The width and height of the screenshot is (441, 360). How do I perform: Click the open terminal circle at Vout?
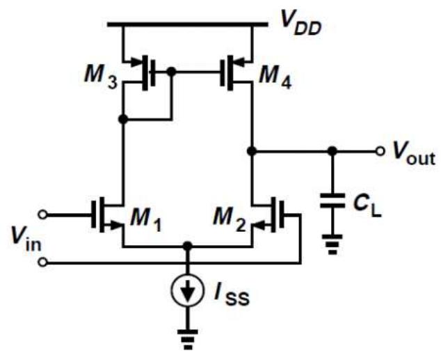[x=380, y=150]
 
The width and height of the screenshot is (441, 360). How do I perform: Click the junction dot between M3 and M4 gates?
[x=171, y=71]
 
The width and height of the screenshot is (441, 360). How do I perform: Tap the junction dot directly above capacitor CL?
[x=332, y=150]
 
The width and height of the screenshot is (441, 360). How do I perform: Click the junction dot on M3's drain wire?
[x=123, y=120]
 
